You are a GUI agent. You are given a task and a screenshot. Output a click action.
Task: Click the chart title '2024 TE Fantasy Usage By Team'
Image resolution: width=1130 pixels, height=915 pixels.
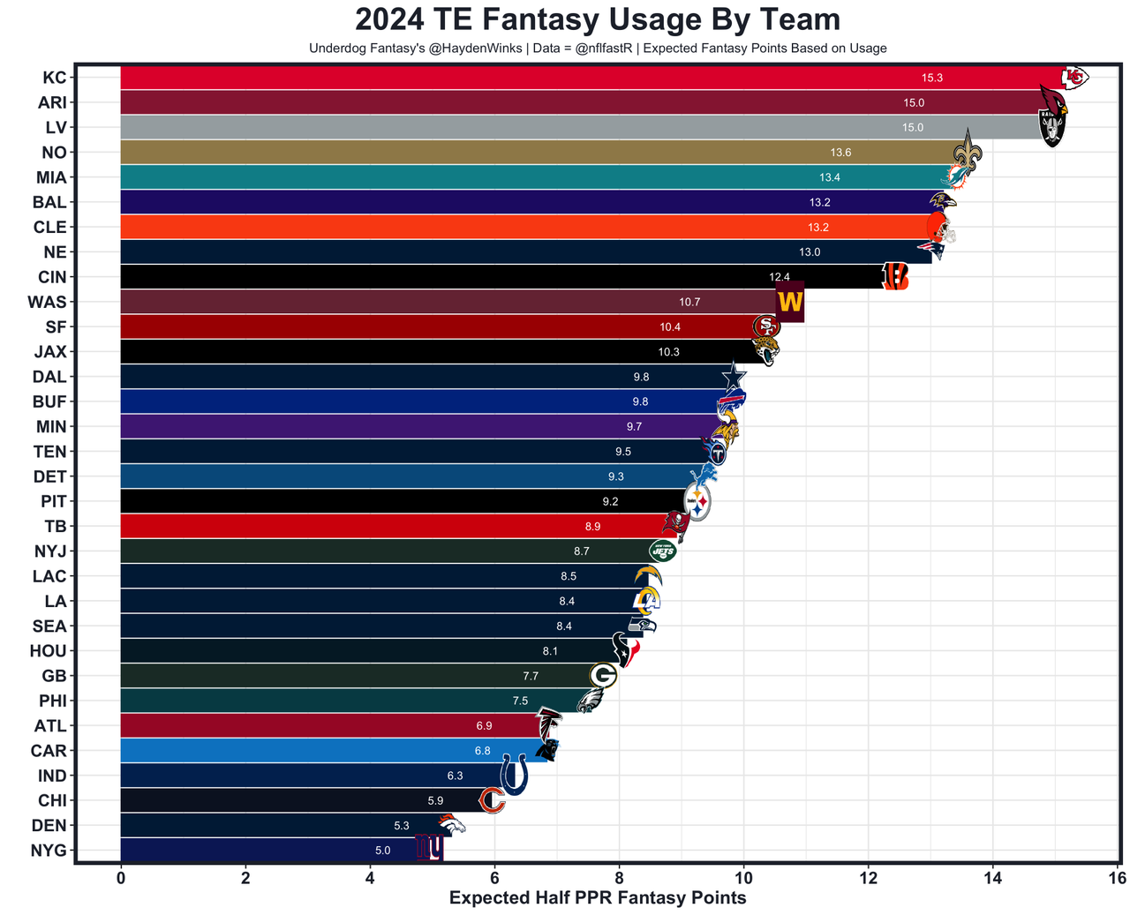pyautogui.click(x=598, y=19)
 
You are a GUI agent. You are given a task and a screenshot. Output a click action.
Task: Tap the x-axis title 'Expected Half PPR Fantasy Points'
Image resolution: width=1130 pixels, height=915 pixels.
pyautogui.click(x=598, y=898)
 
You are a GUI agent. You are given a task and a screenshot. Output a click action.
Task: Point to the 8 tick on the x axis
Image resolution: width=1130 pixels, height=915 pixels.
pyautogui.click(x=619, y=878)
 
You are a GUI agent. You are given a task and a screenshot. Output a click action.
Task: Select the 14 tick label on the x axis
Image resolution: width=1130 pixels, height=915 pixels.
pyautogui.click(x=992, y=878)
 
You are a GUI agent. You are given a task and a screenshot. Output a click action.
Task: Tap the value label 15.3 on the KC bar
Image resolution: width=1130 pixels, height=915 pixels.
pyautogui.click(x=931, y=78)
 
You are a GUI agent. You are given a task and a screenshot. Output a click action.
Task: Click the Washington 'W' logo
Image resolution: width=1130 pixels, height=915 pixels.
pyautogui.click(x=789, y=302)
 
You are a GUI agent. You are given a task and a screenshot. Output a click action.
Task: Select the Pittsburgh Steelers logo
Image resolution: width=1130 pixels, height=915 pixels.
pyautogui.click(x=697, y=503)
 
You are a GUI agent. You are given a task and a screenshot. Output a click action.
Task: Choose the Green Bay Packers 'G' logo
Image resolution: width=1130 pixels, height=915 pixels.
pyautogui.click(x=603, y=676)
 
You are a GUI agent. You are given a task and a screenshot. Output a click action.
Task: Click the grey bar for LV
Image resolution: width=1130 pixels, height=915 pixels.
pyautogui.click(x=530, y=128)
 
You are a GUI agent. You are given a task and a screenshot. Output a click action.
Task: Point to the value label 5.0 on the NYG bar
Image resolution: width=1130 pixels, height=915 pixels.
pyautogui.click(x=382, y=851)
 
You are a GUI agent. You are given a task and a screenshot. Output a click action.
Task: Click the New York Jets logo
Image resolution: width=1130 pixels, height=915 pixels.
pyautogui.click(x=662, y=551)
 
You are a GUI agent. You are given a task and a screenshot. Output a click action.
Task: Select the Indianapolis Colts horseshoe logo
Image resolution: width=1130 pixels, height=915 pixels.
pyautogui.click(x=514, y=774)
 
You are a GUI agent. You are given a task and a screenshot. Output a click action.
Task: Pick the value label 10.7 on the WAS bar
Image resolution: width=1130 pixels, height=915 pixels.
pyautogui.click(x=689, y=302)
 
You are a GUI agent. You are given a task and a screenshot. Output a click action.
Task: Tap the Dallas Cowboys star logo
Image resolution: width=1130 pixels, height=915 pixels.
pyautogui.click(x=733, y=377)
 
